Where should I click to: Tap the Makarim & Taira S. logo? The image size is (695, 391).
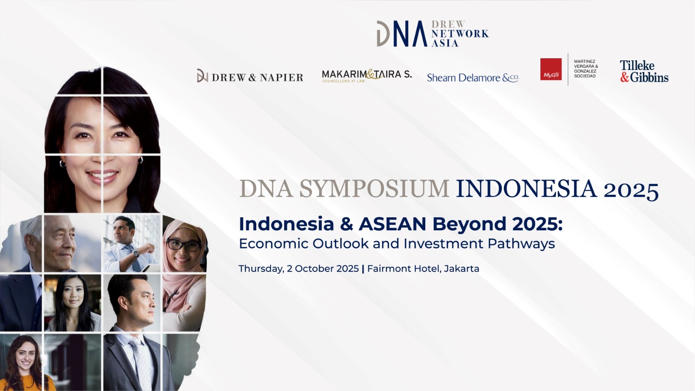367,76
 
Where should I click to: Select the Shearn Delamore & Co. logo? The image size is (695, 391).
473,78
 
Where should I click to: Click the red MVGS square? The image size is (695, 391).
551,69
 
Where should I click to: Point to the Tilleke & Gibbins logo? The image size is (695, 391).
644,71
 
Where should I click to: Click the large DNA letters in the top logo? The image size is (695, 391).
402,33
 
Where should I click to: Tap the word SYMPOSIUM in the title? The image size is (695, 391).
374,189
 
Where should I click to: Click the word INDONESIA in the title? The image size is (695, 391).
526,189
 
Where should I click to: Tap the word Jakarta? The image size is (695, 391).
461,269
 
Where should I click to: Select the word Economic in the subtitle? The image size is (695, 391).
274,244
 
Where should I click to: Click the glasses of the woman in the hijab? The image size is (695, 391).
183,245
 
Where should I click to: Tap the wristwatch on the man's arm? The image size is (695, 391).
136,254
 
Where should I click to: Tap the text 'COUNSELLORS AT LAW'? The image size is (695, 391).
344,81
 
